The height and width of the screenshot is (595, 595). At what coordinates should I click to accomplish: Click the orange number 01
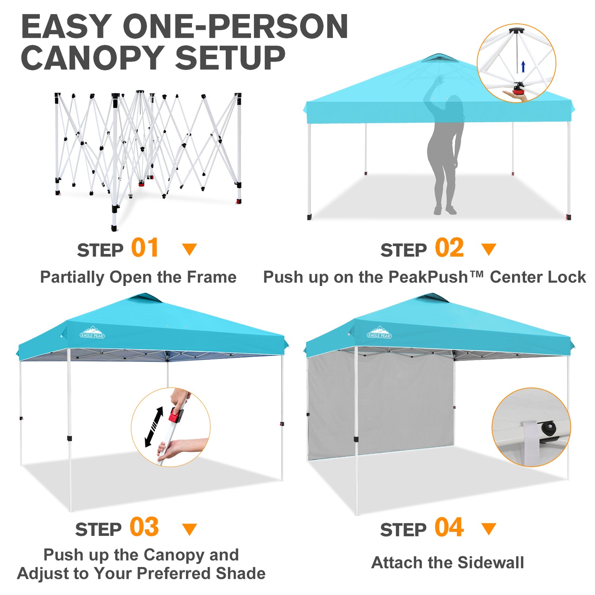tap(145, 248)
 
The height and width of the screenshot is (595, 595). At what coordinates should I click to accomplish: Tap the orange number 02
tap(449, 248)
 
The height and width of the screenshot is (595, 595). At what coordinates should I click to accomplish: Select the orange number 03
tap(144, 527)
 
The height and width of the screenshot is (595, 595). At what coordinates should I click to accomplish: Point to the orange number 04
tap(449, 527)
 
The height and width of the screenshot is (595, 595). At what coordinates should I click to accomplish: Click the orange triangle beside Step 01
tap(190, 249)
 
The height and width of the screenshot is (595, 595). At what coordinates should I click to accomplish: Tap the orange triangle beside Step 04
tap(489, 528)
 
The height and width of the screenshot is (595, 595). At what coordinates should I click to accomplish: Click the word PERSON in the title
tap(278, 27)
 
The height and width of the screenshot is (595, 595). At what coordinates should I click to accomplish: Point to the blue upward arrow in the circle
tap(523, 67)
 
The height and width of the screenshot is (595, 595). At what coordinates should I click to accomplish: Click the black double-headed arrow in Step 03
tap(154, 427)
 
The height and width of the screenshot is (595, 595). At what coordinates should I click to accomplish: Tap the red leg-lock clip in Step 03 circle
tap(175, 415)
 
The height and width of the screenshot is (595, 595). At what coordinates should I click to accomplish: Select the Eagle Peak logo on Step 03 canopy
tap(92, 332)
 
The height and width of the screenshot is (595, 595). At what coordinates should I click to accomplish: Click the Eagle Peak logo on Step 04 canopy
tap(379, 332)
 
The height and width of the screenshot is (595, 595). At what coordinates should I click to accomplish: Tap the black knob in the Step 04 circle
tap(549, 428)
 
